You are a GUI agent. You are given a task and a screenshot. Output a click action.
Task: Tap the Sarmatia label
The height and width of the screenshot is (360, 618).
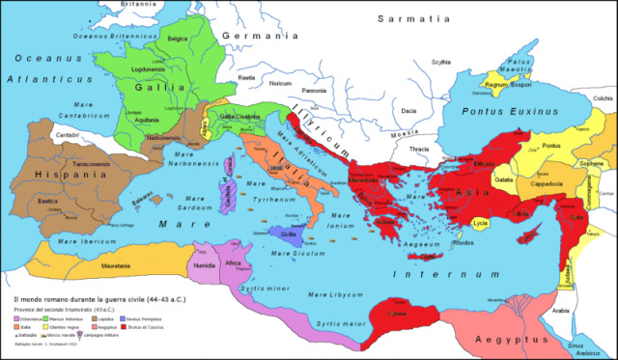(x=412, y=18)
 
